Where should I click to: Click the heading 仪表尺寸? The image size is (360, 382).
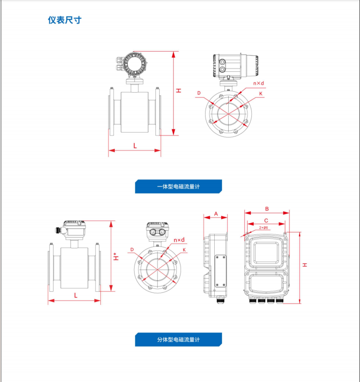pyautogui.click(x=64, y=20)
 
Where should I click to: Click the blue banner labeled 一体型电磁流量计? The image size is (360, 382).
pyautogui.click(x=179, y=187)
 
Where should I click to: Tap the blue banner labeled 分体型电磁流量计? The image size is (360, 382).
pyautogui.click(x=179, y=340)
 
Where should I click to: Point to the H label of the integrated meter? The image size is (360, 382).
pyautogui.click(x=179, y=90)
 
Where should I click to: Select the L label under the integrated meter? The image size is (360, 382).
pyautogui.click(x=135, y=145)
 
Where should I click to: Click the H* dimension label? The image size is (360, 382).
pyautogui.click(x=116, y=257)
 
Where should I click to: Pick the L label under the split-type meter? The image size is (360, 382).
pyautogui.click(x=75, y=295)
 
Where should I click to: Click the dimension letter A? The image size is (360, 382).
pyautogui.click(x=216, y=213)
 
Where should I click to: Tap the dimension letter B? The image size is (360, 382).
pyautogui.click(x=267, y=209)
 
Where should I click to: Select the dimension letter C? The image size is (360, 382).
pyautogui.click(x=266, y=219)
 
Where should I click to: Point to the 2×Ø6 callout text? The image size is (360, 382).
pyautogui.click(x=264, y=227)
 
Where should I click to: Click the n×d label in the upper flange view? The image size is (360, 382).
pyautogui.click(x=259, y=83)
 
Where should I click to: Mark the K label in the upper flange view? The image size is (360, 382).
pyautogui.click(x=261, y=94)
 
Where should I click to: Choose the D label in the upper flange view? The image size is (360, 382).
pyautogui.click(x=198, y=93)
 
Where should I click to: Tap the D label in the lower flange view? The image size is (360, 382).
pyautogui.click(x=131, y=249)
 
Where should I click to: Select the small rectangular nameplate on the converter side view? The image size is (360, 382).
pyautogui.click(x=220, y=270)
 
